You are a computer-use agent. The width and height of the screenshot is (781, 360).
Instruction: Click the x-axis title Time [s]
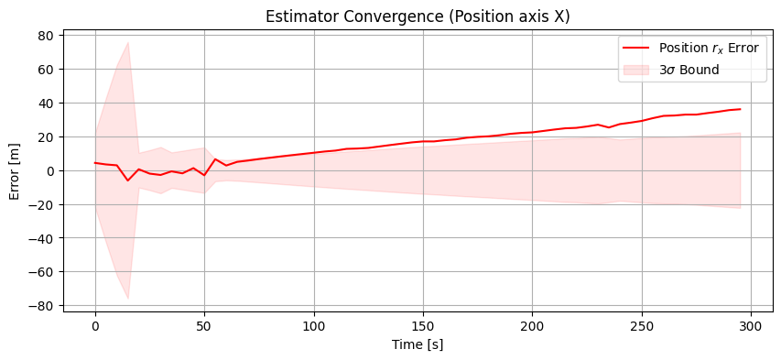point(418,344)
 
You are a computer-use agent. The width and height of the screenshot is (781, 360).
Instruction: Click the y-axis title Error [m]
point(16,170)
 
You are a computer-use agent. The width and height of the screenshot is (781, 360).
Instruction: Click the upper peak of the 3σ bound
point(128,42)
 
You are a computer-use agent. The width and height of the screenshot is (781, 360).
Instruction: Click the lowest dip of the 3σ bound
point(128,299)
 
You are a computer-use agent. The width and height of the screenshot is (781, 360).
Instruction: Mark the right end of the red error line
point(740,109)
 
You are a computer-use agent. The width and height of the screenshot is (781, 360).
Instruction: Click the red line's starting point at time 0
point(95,163)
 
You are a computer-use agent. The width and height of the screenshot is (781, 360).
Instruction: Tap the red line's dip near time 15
point(128,180)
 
